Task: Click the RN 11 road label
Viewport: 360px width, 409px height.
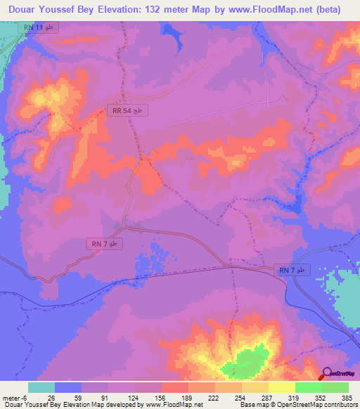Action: click(39, 27)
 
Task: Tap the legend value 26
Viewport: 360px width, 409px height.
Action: click(51, 397)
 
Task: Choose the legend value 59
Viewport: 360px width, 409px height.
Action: click(77, 397)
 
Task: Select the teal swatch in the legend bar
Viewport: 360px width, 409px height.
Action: click(41, 387)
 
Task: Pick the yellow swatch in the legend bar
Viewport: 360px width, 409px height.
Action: click(281, 387)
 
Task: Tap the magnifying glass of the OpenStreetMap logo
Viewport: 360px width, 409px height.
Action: click(327, 373)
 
